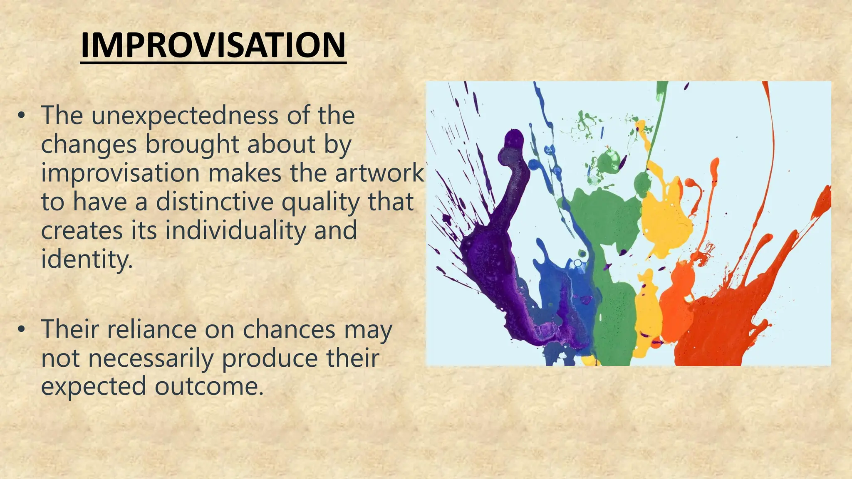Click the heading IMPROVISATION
pos(213,46)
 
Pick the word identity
pos(87,259)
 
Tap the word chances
pos(289,329)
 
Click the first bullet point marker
pos(22,116)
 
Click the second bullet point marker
pos(22,330)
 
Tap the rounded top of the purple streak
pos(514,139)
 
